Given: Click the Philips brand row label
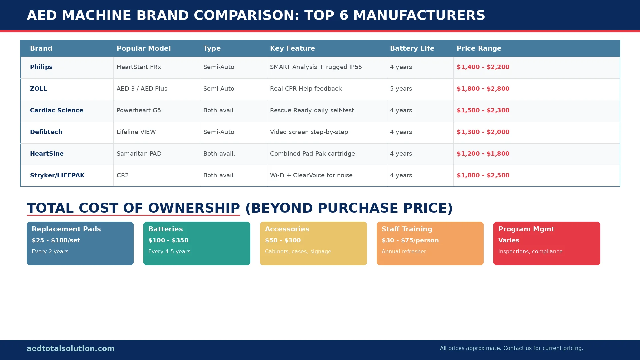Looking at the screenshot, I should (41, 67).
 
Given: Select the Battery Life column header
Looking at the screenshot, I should (412, 48).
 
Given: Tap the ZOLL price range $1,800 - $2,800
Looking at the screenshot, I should (483, 89).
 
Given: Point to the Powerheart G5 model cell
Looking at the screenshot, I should (139, 110).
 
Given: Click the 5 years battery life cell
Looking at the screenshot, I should (401, 89).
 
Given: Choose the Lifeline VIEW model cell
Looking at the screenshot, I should (136, 132).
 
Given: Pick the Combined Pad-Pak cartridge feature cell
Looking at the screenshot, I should (312, 154).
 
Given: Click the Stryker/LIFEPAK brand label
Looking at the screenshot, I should (57, 175).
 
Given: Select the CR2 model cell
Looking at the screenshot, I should (122, 175).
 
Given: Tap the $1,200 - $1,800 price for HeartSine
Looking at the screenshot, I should (483, 154).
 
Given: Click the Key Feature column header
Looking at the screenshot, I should (292, 48).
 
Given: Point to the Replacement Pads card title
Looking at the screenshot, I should (66, 229).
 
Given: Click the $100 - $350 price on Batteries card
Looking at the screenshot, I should (168, 240).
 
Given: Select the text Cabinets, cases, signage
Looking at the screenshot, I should (298, 252).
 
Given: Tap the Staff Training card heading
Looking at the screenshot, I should (407, 229).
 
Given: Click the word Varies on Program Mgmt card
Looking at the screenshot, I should (508, 240).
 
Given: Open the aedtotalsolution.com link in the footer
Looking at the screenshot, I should (70, 348).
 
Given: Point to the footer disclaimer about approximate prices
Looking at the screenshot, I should (511, 348).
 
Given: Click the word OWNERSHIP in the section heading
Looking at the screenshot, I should (194, 208).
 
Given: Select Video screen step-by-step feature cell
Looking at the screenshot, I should (309, 132).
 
